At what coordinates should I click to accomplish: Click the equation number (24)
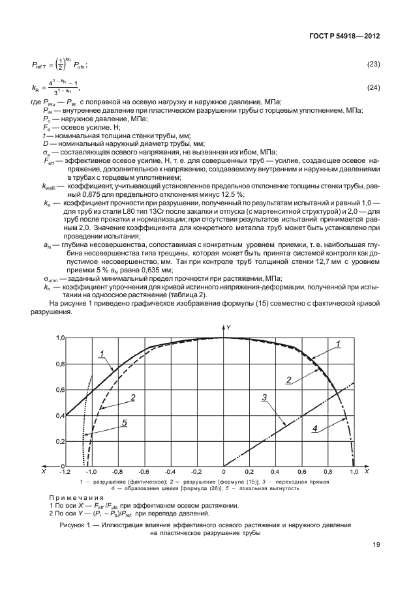tap(374, 87)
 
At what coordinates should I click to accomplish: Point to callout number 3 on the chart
tap(264, 396)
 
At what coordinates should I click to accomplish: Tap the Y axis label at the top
tap(229, 326)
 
